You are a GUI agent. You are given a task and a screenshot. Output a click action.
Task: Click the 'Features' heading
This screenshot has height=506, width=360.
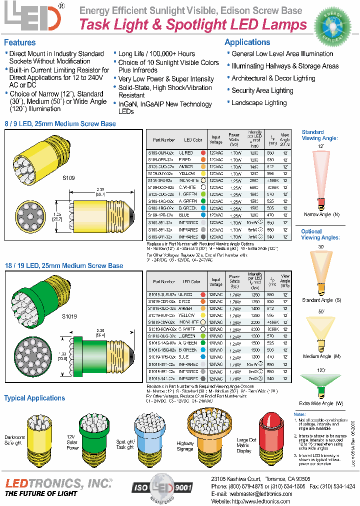point(20,42)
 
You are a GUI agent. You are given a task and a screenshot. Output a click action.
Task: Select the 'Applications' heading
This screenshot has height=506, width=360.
point(247,42)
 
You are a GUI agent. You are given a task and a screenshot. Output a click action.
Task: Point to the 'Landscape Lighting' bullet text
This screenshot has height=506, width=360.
point(259,102)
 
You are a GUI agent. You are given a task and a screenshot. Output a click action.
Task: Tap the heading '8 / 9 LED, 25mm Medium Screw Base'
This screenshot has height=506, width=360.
point(60,123)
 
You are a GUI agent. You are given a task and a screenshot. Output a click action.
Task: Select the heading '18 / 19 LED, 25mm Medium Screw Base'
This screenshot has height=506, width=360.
point(63,265)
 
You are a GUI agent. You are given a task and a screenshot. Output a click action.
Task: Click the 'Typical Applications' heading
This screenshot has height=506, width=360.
point(34,398)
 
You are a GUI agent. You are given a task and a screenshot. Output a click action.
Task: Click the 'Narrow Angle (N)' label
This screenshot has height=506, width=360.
point(321,214)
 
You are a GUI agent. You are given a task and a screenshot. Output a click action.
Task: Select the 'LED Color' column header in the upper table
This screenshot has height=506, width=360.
point(193,140)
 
